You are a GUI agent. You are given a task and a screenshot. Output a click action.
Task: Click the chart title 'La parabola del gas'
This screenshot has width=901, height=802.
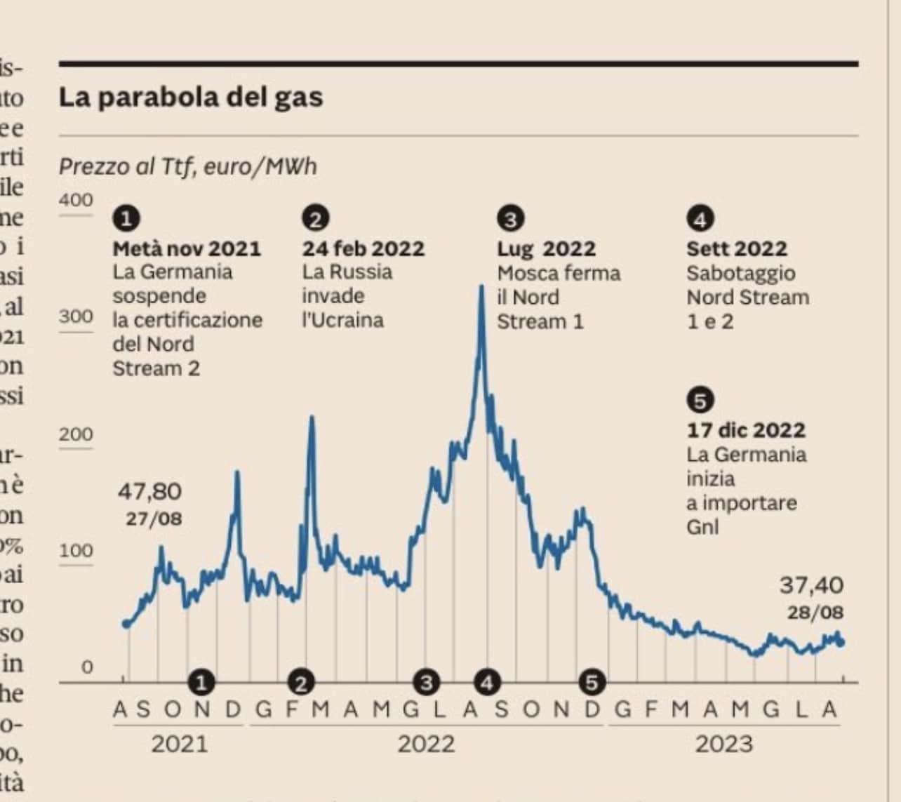coord(191,97)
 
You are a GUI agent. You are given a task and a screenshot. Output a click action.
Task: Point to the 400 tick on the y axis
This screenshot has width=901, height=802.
coord(76,200)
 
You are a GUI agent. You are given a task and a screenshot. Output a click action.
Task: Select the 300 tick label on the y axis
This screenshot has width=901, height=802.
coord(76,316)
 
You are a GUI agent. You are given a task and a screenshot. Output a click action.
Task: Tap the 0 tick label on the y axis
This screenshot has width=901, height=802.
coord(86,666)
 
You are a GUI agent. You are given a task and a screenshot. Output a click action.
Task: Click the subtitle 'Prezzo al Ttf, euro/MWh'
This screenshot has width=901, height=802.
coord(187,167)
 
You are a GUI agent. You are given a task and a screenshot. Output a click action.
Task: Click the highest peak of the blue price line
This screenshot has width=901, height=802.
coord(481,286)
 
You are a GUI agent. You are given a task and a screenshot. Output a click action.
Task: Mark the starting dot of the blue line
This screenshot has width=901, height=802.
coord(126,624)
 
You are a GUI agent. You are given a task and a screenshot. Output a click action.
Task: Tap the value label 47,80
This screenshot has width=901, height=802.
coord(149,491)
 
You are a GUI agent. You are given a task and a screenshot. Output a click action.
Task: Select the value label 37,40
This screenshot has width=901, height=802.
coord(811,584)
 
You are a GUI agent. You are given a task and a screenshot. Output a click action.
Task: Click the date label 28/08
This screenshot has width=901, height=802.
coord(815,613)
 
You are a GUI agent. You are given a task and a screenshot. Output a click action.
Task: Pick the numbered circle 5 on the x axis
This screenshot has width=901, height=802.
coord(592,681)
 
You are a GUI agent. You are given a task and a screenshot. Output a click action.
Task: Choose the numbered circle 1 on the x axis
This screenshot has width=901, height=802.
coord(202,681)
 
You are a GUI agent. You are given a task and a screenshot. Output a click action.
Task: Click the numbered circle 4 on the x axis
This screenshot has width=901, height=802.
coord(487,681)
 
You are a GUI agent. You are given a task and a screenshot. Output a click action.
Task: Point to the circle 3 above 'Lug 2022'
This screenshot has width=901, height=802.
coord(511,220)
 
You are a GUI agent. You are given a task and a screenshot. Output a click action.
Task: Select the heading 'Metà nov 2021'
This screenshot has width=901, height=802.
coord(187,248)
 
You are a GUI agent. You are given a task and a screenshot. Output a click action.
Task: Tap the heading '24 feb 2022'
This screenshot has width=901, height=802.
coord(363,248)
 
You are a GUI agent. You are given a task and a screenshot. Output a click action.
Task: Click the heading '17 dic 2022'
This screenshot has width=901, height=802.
coord(746,429)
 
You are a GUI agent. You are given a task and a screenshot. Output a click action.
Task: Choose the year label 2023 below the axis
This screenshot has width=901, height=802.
coord(723,744)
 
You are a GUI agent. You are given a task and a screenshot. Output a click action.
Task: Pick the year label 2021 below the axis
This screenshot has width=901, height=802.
coord(179,744)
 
